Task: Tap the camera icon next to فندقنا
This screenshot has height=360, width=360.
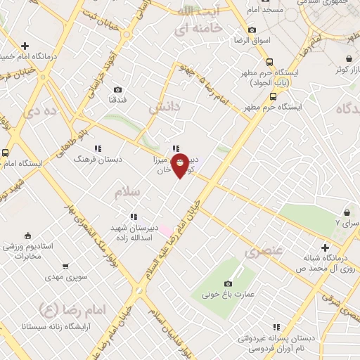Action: tap(117, 89)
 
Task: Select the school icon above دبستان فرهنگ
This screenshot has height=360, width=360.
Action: tap(98, 148)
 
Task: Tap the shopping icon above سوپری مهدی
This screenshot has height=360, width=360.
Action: tap(66, 266)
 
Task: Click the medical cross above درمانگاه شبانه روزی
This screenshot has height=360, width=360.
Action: tap(325, 247)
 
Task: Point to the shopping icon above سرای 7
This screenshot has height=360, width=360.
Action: tap(347, 212)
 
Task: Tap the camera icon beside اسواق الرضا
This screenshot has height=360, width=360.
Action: tap(252, 31)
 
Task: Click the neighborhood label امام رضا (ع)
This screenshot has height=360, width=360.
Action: tap(71, 309)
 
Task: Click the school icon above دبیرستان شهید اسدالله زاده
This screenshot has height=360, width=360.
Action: tap(132, 217)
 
